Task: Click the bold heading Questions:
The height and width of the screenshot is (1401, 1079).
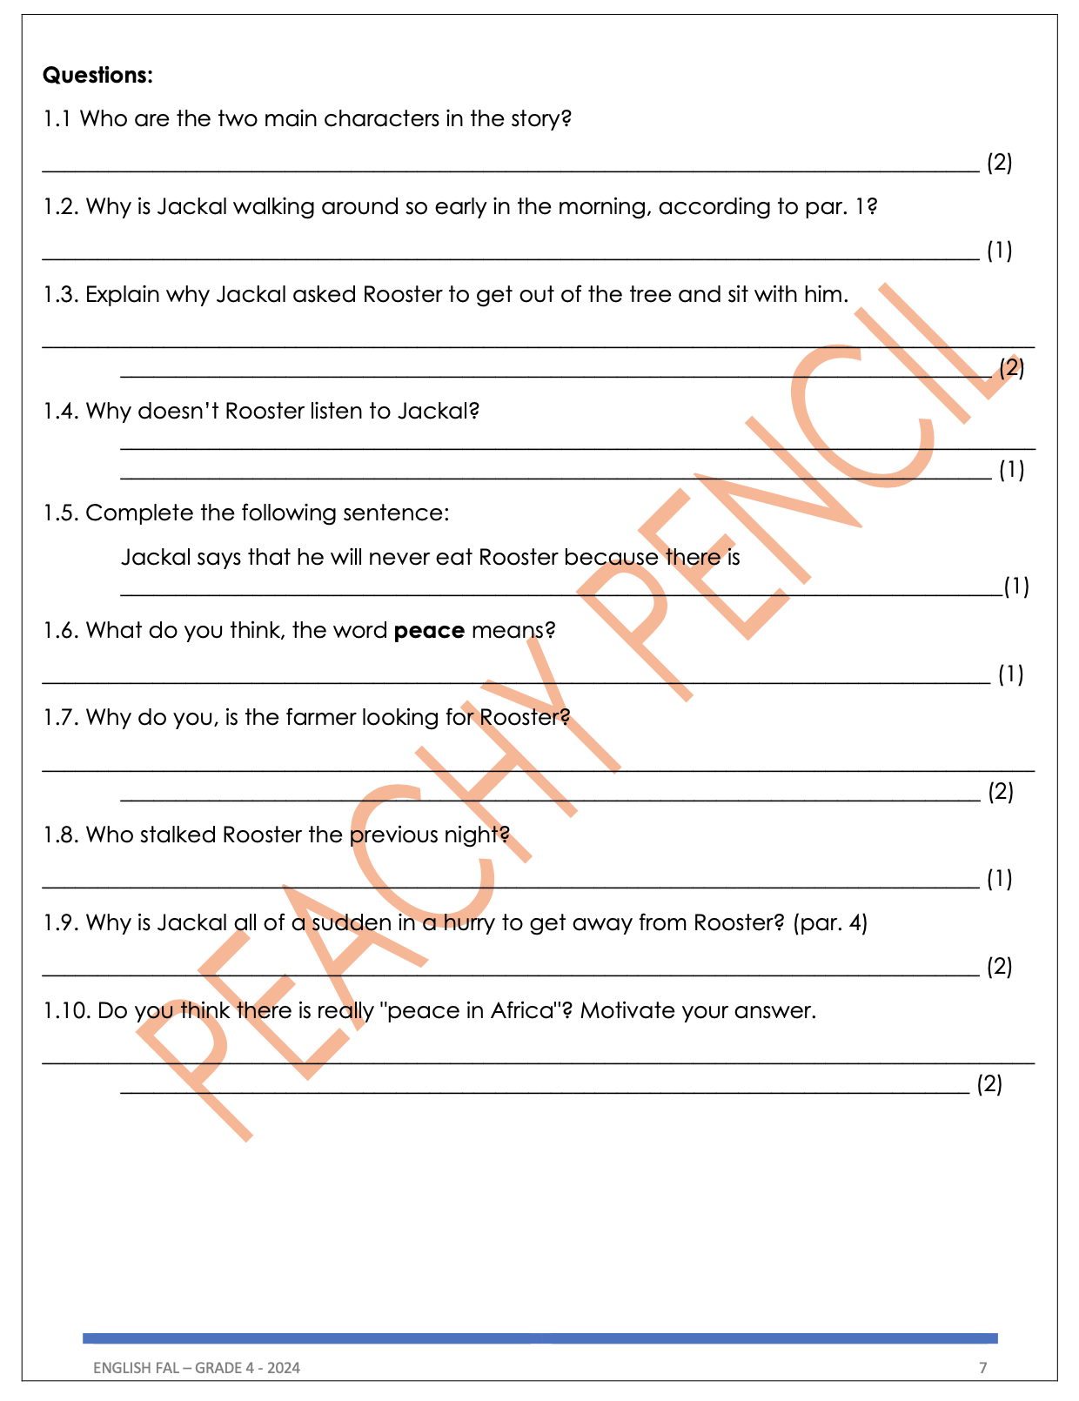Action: click(97, 76)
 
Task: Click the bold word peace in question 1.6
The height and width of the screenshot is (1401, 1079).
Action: click(429, 630)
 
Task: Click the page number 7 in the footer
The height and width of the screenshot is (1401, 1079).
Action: click(983, 1368)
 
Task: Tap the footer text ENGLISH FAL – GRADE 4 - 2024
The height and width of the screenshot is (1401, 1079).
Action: click(197, 1368)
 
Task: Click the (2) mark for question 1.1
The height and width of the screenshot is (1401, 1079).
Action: click(999, 163)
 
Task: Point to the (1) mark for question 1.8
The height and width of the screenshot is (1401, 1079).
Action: click(999, 880)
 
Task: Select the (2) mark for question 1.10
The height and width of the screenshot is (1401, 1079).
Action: click(989, 1084)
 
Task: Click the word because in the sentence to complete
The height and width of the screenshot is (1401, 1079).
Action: click(611, 558)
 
